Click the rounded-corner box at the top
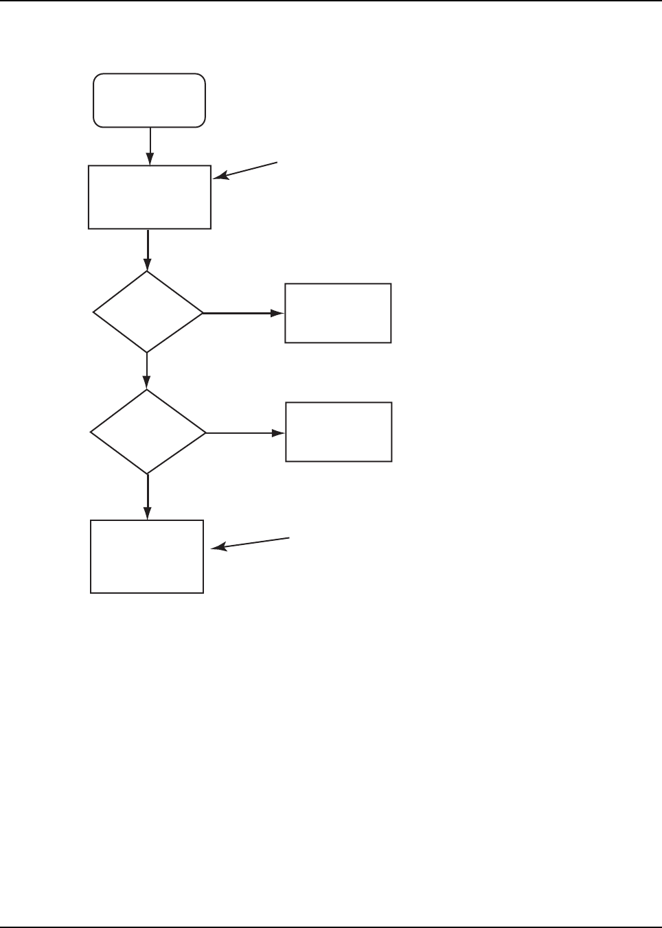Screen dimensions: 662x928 coord(149,100)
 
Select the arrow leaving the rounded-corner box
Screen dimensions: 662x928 coord(150,146)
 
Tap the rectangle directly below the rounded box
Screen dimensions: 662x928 coord(149,197)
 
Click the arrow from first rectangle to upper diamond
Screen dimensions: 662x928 coord(148,250)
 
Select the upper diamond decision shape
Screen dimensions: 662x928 coord(148,312)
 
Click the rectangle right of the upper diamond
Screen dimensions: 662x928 coord(338,313)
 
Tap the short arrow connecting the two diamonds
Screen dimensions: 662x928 coord(148,371)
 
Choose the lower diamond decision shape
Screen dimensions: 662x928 coord(148,432)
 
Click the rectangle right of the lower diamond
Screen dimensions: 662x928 coord(339,432)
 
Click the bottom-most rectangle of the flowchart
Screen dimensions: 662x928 coord(147,557)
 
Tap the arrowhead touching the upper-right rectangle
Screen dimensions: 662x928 coord(278,313)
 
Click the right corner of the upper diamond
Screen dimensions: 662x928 coord(203,313)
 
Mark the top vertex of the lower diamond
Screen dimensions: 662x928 coord(148,391)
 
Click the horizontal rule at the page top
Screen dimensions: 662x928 coord(331,1)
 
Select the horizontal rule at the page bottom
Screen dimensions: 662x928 coord(331,927)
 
